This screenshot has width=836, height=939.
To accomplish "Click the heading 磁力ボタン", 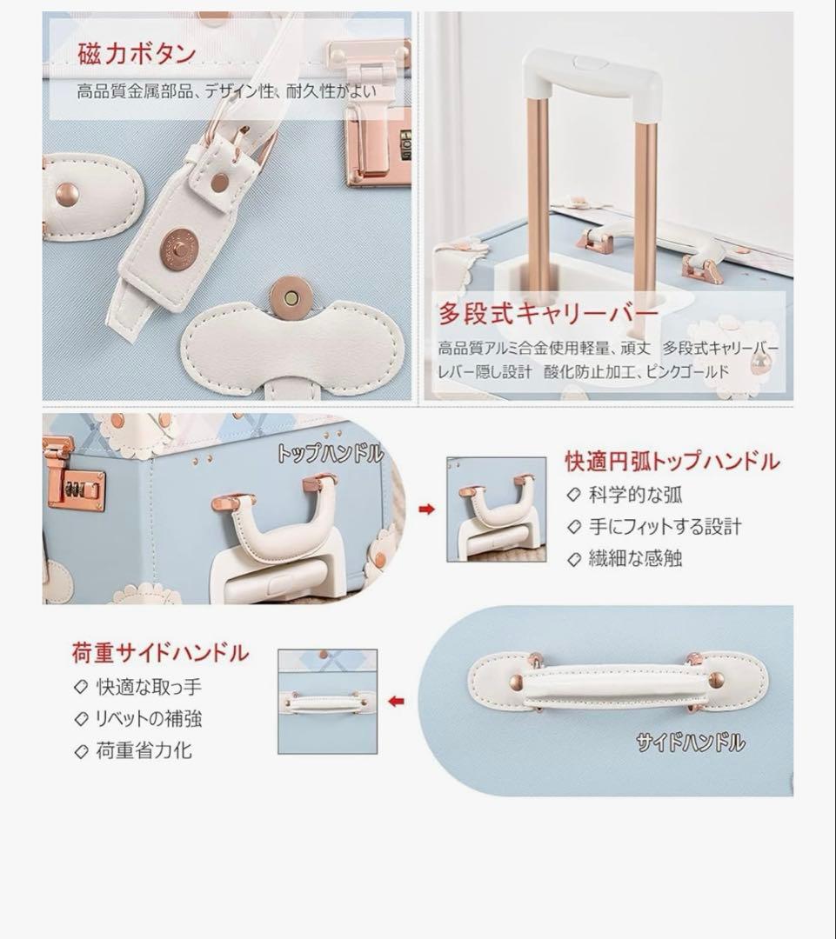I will pyautogui.click(x=137, y=54).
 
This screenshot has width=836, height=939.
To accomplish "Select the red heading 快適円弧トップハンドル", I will pyautogui.click(x=672, y=462).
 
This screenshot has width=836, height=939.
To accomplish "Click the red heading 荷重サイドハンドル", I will pyautogui.click(x=160, y=652).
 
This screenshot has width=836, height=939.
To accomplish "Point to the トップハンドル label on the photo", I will pyautogui.click(x=330, y=453).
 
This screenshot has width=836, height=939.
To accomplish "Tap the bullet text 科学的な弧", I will pyautogui.click(x=635, y=496).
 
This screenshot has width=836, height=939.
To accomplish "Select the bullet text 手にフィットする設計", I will pyautogui.click(x=665, y=527).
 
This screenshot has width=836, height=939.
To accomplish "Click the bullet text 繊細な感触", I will pyautogui.click(x=635, y=558).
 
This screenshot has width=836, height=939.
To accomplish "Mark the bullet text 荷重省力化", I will pyautogui.click(x=144, y=750).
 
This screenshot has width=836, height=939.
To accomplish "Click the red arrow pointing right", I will pyautogui.click(x=426, y=509).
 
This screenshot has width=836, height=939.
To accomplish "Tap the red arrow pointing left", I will pyautogui.click(x=397, y=701).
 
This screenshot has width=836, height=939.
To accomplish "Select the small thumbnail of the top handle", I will pyautogui.click(x=497, y=509).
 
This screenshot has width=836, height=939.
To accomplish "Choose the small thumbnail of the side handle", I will pyautogui.click(x=327, y=701).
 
